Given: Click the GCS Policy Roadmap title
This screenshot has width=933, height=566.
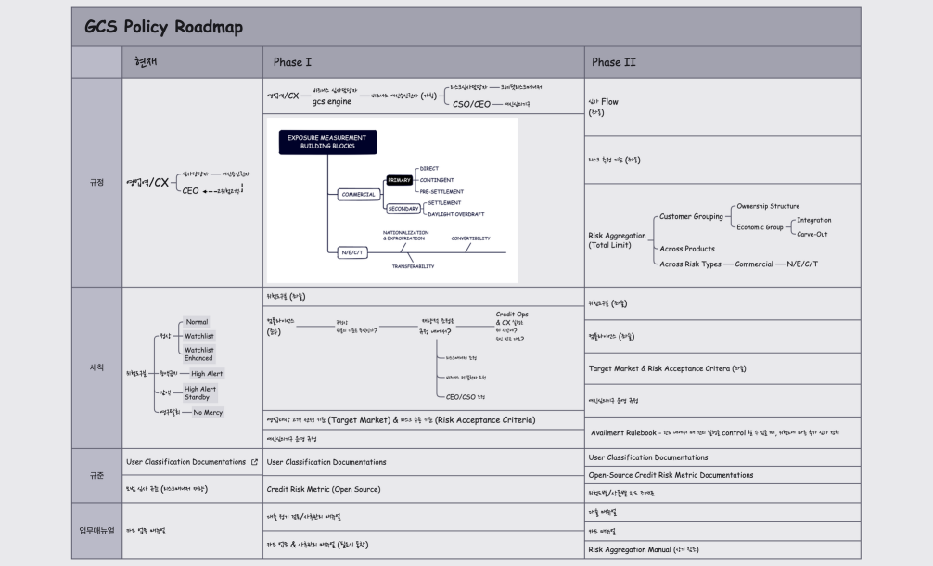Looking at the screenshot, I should [163, 27].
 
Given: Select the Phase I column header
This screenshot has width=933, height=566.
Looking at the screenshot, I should [292, 62].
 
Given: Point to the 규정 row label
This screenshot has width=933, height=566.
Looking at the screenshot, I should [96, 182].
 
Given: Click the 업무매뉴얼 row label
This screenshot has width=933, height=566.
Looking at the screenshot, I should [96, 531].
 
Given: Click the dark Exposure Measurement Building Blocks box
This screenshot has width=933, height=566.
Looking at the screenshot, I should [326, 142].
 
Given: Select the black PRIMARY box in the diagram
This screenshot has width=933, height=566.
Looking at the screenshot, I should [399, 180].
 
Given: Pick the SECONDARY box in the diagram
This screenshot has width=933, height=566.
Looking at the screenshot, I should [403, 209].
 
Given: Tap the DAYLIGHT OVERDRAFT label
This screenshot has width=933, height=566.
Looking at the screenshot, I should [455, 214].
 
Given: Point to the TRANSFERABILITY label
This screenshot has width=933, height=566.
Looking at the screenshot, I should [413, 266].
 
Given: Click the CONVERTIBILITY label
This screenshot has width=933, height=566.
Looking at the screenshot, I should [470, 238].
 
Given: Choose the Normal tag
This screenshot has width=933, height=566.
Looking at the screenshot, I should [197, 322].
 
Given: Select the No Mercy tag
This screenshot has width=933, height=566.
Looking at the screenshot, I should [208, 412].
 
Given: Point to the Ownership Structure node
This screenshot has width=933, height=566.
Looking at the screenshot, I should [767, 206].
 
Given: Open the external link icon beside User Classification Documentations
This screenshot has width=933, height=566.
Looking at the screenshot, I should [254, 461].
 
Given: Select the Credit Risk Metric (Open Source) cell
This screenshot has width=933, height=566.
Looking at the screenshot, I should [323, 489].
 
